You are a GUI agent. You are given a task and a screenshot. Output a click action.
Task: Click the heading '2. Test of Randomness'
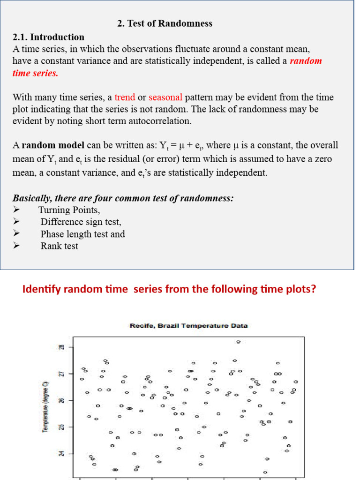164,23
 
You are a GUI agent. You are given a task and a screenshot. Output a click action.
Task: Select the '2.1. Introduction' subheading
48,37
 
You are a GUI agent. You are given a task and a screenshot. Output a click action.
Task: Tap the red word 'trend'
125,97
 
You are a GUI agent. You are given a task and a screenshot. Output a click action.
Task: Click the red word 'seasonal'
165,97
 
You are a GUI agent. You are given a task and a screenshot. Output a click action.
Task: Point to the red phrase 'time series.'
35,73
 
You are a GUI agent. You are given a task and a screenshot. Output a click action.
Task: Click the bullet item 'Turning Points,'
69,210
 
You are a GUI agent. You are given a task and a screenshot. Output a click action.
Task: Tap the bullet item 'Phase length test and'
82,234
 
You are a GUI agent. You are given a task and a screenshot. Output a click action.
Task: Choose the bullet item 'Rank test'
59,246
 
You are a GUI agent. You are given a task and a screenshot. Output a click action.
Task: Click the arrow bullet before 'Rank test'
17,246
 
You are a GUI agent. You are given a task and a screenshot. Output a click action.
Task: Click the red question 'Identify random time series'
169,289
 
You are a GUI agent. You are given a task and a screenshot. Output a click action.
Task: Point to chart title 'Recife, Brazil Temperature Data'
188,326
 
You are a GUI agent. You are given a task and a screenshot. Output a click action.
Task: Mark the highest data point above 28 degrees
238,342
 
